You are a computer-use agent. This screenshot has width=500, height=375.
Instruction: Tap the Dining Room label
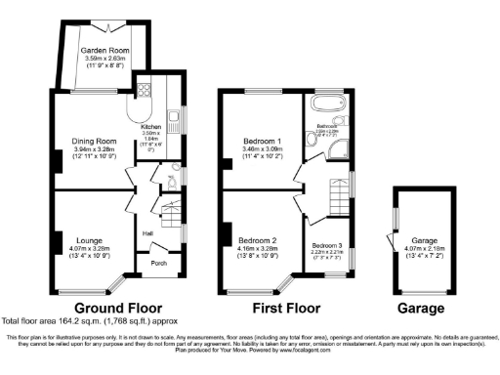pos(94,141)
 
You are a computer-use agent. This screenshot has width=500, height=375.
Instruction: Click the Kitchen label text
pos(150,127)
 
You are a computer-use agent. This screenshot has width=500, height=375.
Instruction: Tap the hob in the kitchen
pos(146,91)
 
